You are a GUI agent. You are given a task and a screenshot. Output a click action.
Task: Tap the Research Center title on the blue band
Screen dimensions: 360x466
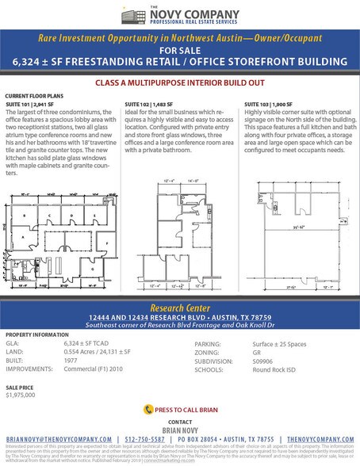(x=180, y=307)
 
